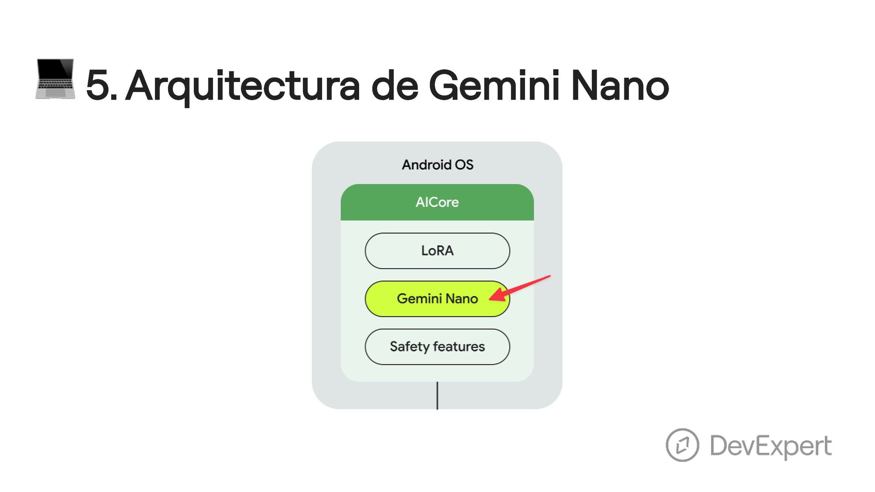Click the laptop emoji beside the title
[55, 79]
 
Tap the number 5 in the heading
[98, 85]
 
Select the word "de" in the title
[395, 85]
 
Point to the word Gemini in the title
[494, 85]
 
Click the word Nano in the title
[620, 85]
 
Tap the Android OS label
[437, 164]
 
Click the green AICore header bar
[437, 202]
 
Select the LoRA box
[437, 251]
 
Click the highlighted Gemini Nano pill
[428, 299]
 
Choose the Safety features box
[437, 347]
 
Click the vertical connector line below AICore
[437, 395]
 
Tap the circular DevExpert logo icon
[682, 445]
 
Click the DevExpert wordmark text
[771, 446]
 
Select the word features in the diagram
[459, 347]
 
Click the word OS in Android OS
[464, 164]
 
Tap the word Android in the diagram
[427, 164]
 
